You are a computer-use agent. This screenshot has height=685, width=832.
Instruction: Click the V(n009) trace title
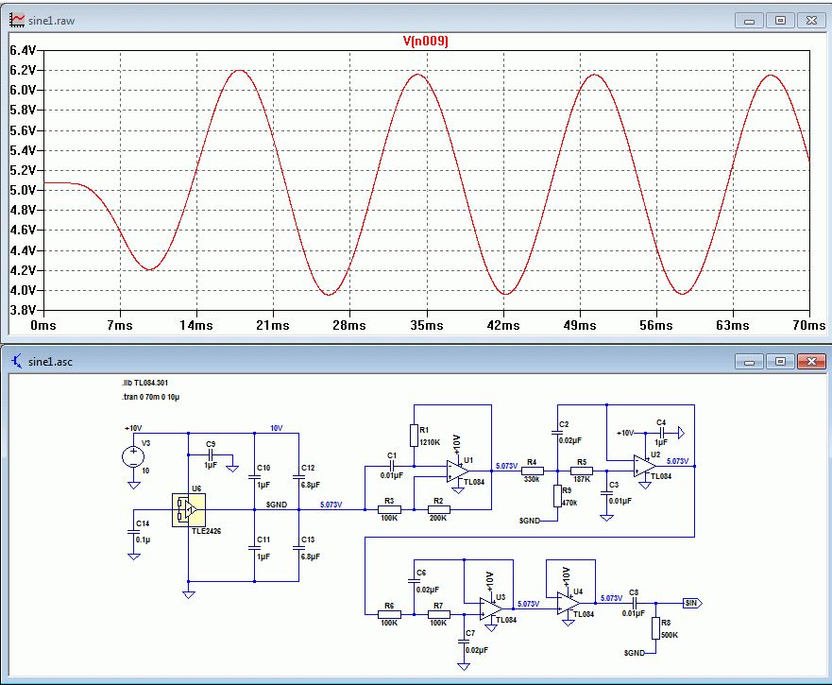tap(425, 41)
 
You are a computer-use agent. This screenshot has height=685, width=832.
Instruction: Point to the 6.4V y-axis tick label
tap(22, 50)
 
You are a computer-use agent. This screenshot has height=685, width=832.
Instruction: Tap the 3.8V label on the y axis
tap(22, 310)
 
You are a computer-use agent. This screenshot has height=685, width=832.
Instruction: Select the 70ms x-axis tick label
tap(808, 325)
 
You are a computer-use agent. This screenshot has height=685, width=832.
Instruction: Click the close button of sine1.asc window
tap(811, 361)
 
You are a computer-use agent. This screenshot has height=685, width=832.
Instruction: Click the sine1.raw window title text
tap(52, 19)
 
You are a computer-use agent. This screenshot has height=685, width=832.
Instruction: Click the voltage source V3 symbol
tap(133, 457)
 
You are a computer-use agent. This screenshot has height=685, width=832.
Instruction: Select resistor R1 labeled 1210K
tap(413, 435)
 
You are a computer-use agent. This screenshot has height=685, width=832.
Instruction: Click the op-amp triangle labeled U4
tap(569, 603)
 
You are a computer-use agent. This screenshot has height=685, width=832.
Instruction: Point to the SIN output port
tap(692, 602)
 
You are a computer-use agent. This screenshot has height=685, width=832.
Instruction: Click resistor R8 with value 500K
tap(654, 627)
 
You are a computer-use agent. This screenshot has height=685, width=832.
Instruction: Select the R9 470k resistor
tap(557, 495)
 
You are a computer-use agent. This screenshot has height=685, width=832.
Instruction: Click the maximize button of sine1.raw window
tap(781, 19)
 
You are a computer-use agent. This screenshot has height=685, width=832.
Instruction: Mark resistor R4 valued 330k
tap(532, 470)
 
